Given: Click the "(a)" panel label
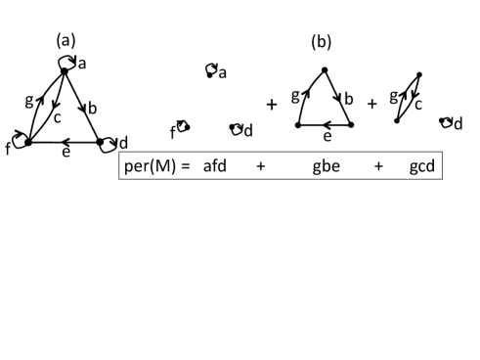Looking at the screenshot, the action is click(x=65, y=41).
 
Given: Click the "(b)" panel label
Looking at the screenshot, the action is click(x=322, y=42).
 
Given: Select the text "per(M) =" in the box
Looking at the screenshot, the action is click(x=157, y=166).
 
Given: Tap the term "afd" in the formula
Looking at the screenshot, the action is click(x=215, y=166).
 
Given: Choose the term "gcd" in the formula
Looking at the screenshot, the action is click(x=422, y=166).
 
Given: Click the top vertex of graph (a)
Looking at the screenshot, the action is click(x=64, y=70).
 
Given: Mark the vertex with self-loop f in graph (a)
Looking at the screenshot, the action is click(x=28, y=143).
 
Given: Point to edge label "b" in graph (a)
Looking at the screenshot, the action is click(x=91, y=109).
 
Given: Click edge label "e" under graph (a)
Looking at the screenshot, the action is click(x=65, y=153).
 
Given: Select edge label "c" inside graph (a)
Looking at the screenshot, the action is click(x=58, y=115).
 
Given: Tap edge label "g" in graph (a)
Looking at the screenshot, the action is click(x=28, y=101).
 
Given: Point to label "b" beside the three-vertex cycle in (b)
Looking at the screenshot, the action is click(x=349, y=99).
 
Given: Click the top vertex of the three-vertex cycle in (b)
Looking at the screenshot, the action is click(x=324, y=69).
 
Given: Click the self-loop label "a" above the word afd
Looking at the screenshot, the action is click(x=223, y=72).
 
